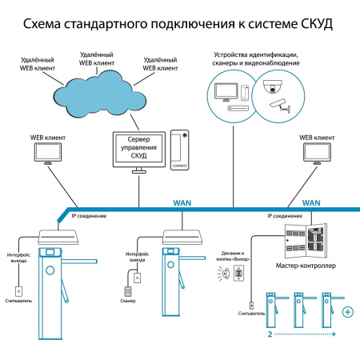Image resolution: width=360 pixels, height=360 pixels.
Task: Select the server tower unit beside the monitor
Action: click(181, 149)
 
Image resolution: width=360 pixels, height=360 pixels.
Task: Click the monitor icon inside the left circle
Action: click(229, 90)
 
